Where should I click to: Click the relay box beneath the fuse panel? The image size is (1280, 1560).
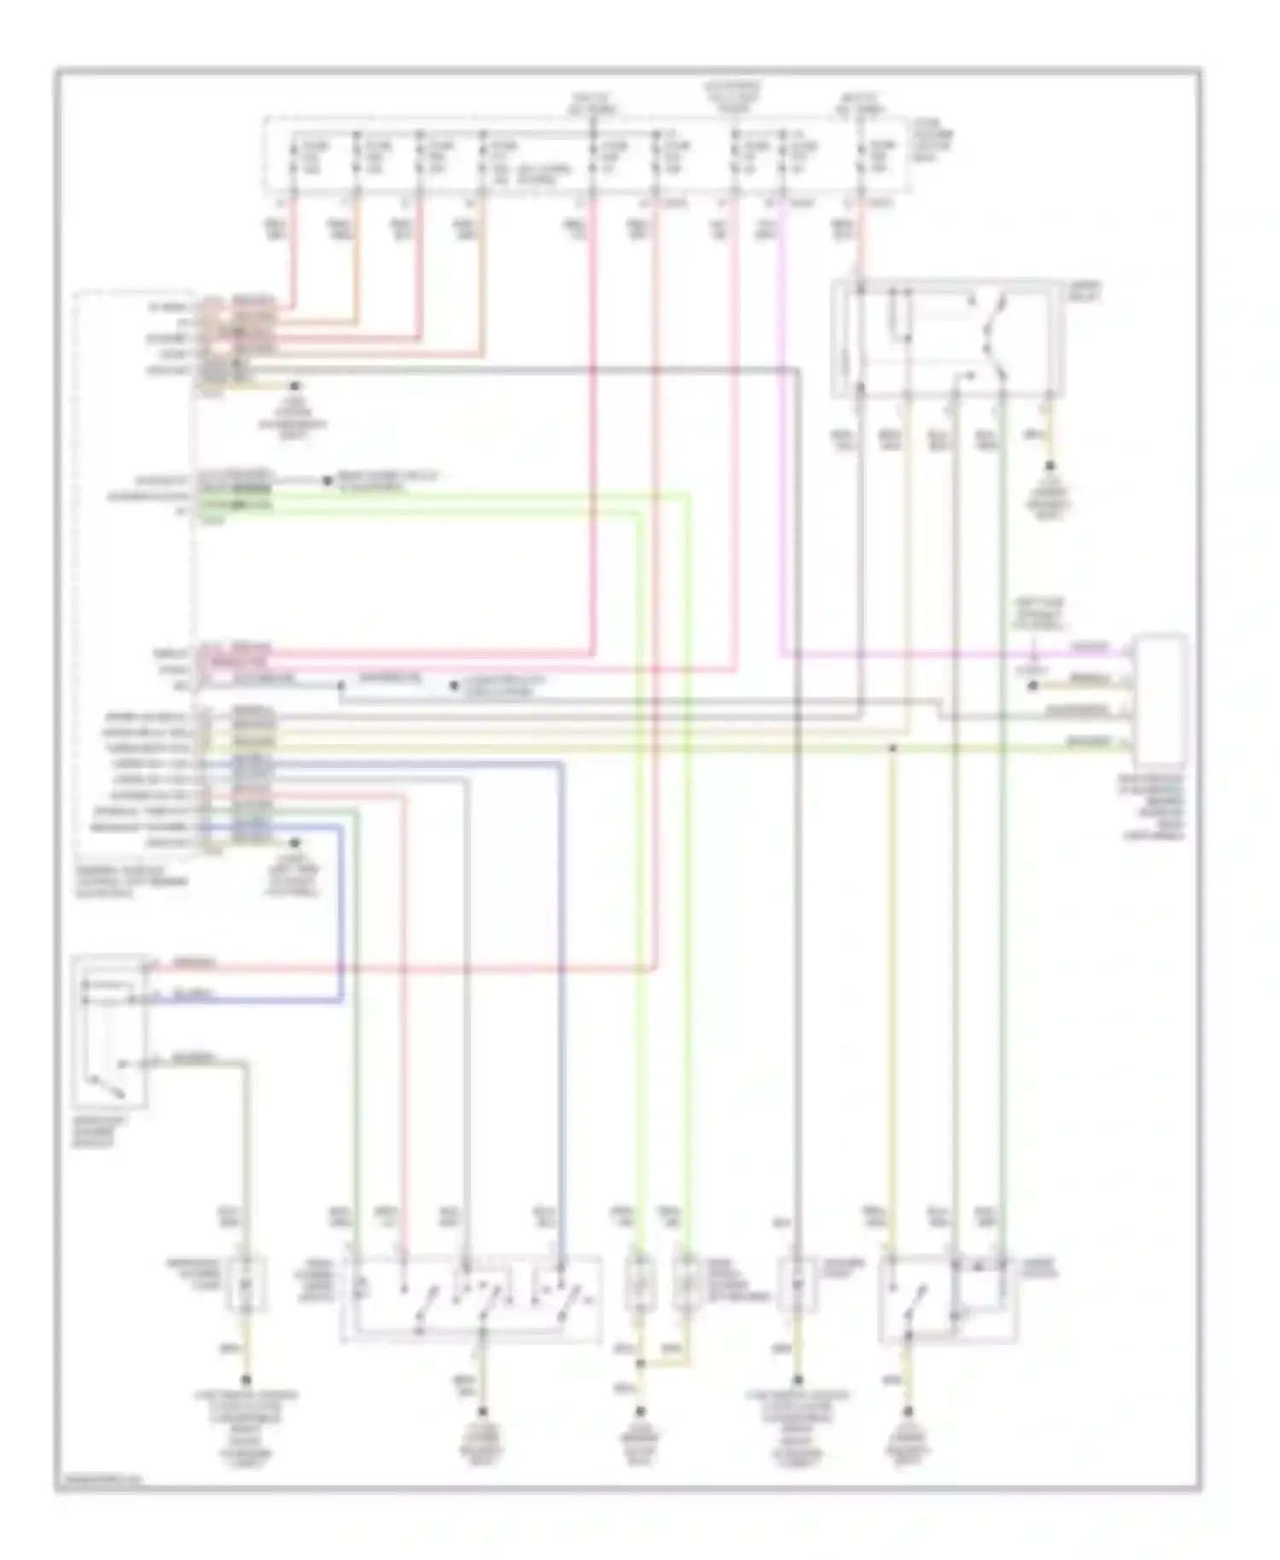click(947, 339)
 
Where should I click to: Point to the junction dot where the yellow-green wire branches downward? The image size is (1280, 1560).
click(892, 748)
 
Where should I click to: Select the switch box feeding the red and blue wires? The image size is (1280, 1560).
click(112, 1030)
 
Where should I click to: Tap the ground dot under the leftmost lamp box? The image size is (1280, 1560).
click(247, 1379)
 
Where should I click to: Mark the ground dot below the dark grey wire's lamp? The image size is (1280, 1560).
click(798, 1379)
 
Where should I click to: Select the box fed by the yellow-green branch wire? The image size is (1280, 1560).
click(947, 1298)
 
